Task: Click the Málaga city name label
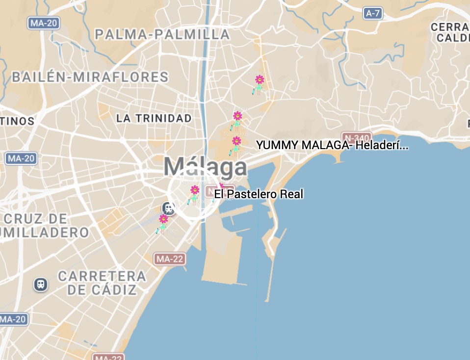point(206,167)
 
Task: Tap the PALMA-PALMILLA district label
point(162,34)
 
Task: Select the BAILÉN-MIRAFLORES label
point(90,77)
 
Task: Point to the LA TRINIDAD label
point(154,118)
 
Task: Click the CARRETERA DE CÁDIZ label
point(102,283)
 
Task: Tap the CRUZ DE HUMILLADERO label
point(44,225)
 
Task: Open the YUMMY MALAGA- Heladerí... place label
point(332,145)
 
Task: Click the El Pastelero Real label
point(259,194)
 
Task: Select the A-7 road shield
point(373,13)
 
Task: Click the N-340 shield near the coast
point(357,138)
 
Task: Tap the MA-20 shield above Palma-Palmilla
point(44,23)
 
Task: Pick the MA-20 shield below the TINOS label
point(21,158)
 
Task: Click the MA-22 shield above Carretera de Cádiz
point(169,259)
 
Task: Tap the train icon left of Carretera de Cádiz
point(41,284)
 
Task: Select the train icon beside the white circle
point(169,208)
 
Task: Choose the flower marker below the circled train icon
point(163,223)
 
